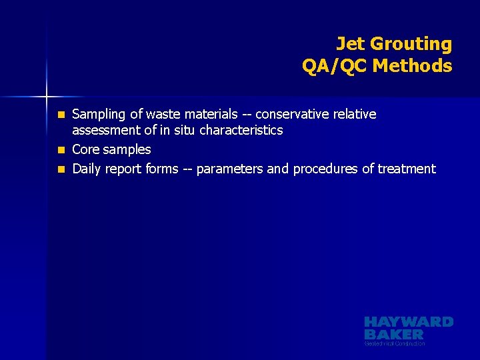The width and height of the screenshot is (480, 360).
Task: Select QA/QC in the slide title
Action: pyautogui.click(x=335, y=66)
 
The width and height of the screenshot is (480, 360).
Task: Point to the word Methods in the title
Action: pyautogui.click(x=413, y=66)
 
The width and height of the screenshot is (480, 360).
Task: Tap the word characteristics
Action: pyautogui.click(x=241, y=130)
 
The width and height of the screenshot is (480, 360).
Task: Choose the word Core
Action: pyautogui.click(x=85, y=149)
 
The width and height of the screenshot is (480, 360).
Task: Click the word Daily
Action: pyautogui.click(x=87, y=169)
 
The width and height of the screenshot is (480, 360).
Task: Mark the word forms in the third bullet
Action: pyautogui.click(x=162, y=169)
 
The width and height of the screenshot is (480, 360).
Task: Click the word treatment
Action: pyautogui.click(x=407, y=169)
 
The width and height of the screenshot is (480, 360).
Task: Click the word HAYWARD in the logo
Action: pyautogui.click(x=408, y=322)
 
